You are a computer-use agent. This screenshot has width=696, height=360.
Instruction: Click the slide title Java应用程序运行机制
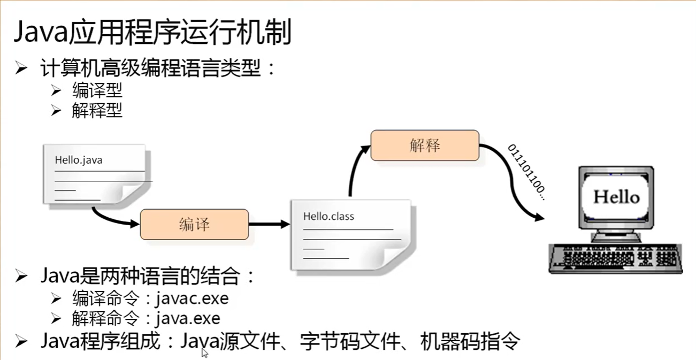[152, 33]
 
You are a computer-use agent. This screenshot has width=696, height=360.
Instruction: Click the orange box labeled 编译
[194, 225]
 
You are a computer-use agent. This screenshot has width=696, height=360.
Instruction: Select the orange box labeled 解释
[425, 145]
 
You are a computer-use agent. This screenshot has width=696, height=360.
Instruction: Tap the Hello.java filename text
[78, 160]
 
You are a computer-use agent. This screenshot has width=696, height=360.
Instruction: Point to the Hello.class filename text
[328, 217]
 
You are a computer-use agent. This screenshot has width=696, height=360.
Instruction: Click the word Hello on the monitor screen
[616, 197]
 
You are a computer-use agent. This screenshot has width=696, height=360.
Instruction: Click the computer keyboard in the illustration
[615, 259]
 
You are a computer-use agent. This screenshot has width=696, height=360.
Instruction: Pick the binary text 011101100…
[526, 172]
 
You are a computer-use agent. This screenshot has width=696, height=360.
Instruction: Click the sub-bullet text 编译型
[97, 90]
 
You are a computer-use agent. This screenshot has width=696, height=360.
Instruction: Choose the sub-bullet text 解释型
[97, 111]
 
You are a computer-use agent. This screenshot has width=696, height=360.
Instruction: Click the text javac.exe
[192, 298]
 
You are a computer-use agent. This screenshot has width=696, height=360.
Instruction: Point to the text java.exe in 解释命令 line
[188, 319]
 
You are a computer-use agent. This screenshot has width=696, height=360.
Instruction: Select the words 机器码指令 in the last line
[470, 341]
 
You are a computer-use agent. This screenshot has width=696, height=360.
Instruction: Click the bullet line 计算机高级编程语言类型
[158, 68]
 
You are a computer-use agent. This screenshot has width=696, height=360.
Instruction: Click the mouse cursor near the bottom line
[204, 353]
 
